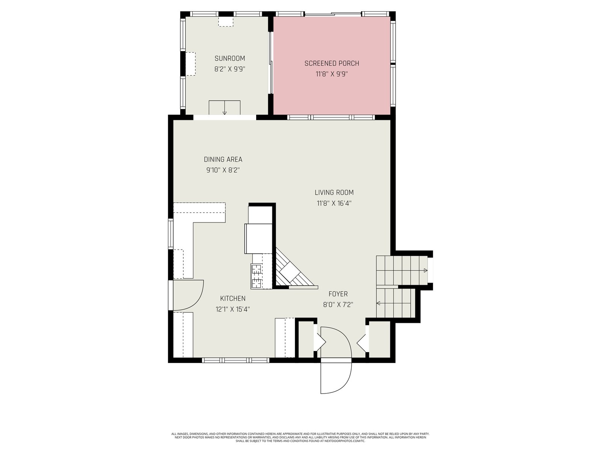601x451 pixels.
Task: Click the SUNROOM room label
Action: click(230, 58)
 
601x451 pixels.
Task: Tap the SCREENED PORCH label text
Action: click(332, 63)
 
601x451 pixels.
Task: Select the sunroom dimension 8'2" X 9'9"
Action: click(230, 69)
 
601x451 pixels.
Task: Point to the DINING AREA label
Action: click(223, 159)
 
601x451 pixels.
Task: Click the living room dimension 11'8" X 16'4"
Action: click(334, 203)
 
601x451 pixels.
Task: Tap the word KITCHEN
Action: click(233, 298)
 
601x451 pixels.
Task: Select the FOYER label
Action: click(338, 294)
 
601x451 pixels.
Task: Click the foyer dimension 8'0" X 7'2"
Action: click(338, 304)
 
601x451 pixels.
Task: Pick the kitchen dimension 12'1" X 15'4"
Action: click(233, 309)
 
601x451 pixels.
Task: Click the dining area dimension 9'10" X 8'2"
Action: click(223, 170)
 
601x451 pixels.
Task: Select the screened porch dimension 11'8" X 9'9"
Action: click(332, 74)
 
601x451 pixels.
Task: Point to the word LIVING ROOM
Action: click(334, 192)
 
